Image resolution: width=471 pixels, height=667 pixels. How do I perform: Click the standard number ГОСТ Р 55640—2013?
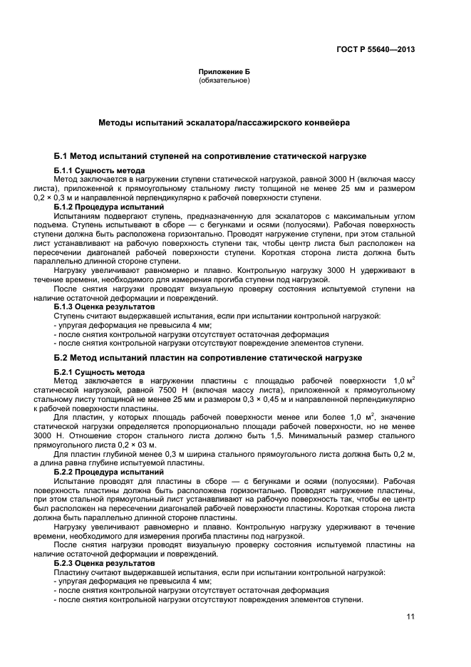[x=375, y=49]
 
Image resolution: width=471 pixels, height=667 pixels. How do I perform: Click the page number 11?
[x=410, y=617]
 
